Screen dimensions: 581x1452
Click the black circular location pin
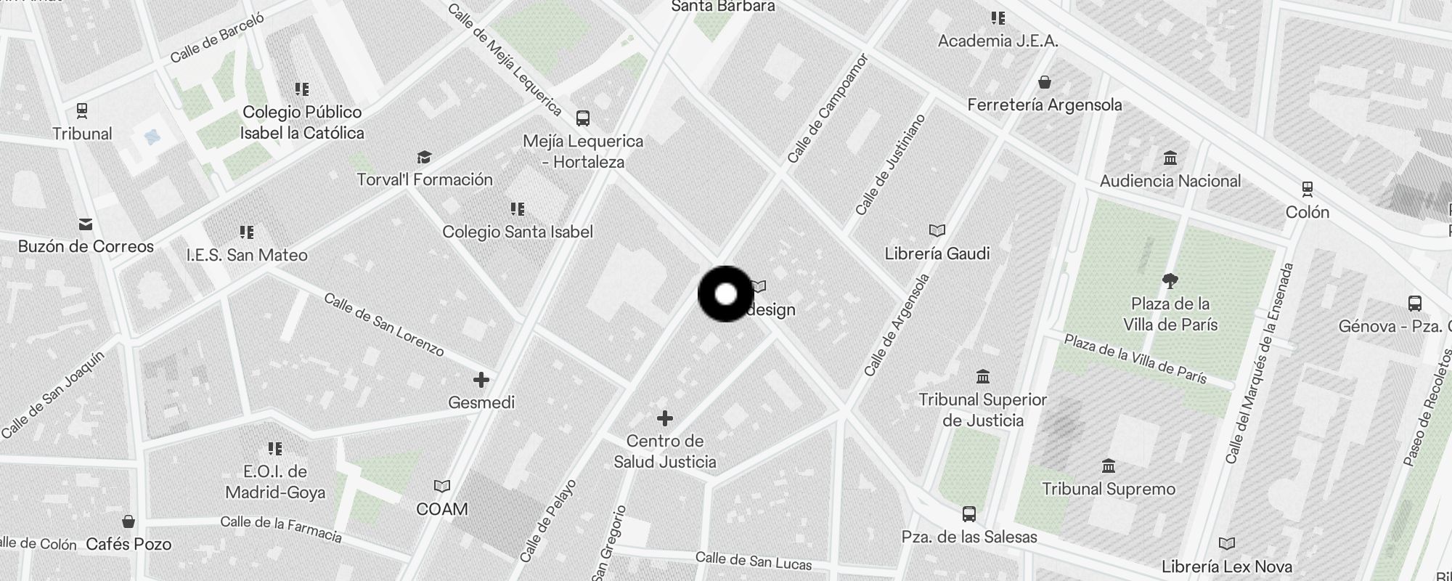(726, 294)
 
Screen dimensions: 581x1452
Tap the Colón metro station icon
(1307, 190)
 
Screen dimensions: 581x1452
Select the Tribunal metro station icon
(82, 111)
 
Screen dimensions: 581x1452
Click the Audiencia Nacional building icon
(1170, 158)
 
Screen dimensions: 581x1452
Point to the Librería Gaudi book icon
(937, 230)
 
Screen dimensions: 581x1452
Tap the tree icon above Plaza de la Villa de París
(1170, 281)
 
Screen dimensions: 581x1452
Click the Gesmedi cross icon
(481, 379)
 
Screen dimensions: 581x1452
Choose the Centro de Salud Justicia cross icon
(664, 418)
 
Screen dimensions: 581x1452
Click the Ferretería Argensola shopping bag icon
(1044, 82)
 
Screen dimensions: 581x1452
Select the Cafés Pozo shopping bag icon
(129, 521)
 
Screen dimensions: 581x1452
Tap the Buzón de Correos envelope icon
(86, 224)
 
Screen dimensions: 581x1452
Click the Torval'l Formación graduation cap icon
(424, 158)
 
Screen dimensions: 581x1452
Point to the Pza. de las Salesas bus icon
(968, 514)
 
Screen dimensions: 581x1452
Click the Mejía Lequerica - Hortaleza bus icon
(582, 118)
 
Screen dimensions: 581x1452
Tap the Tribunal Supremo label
(1109, 489)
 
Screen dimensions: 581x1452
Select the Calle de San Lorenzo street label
(384, 325)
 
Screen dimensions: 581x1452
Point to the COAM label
(441, 509)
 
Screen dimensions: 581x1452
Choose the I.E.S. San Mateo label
(247, 255)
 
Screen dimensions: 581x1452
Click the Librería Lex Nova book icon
(1226, 543)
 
